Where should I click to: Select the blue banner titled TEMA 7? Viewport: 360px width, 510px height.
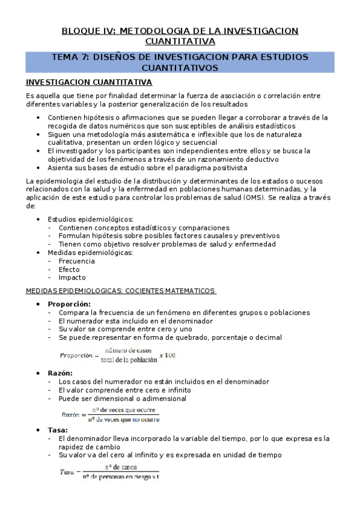click(180, 63)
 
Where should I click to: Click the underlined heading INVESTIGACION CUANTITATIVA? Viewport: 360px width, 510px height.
click(89, 82)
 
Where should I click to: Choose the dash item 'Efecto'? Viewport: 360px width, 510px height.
click(69, 269)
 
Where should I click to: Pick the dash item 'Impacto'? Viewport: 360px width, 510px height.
click(72, 277)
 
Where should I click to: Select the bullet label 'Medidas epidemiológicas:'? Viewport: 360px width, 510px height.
click(90, 253)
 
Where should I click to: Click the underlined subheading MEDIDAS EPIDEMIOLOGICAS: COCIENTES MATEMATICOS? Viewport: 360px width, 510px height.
click(120, 290)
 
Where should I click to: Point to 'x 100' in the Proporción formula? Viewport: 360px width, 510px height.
click(167, 355)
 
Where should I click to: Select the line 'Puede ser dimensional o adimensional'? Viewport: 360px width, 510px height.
click(123, 398)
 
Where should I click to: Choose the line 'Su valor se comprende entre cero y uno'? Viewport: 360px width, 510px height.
click(125, 329)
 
